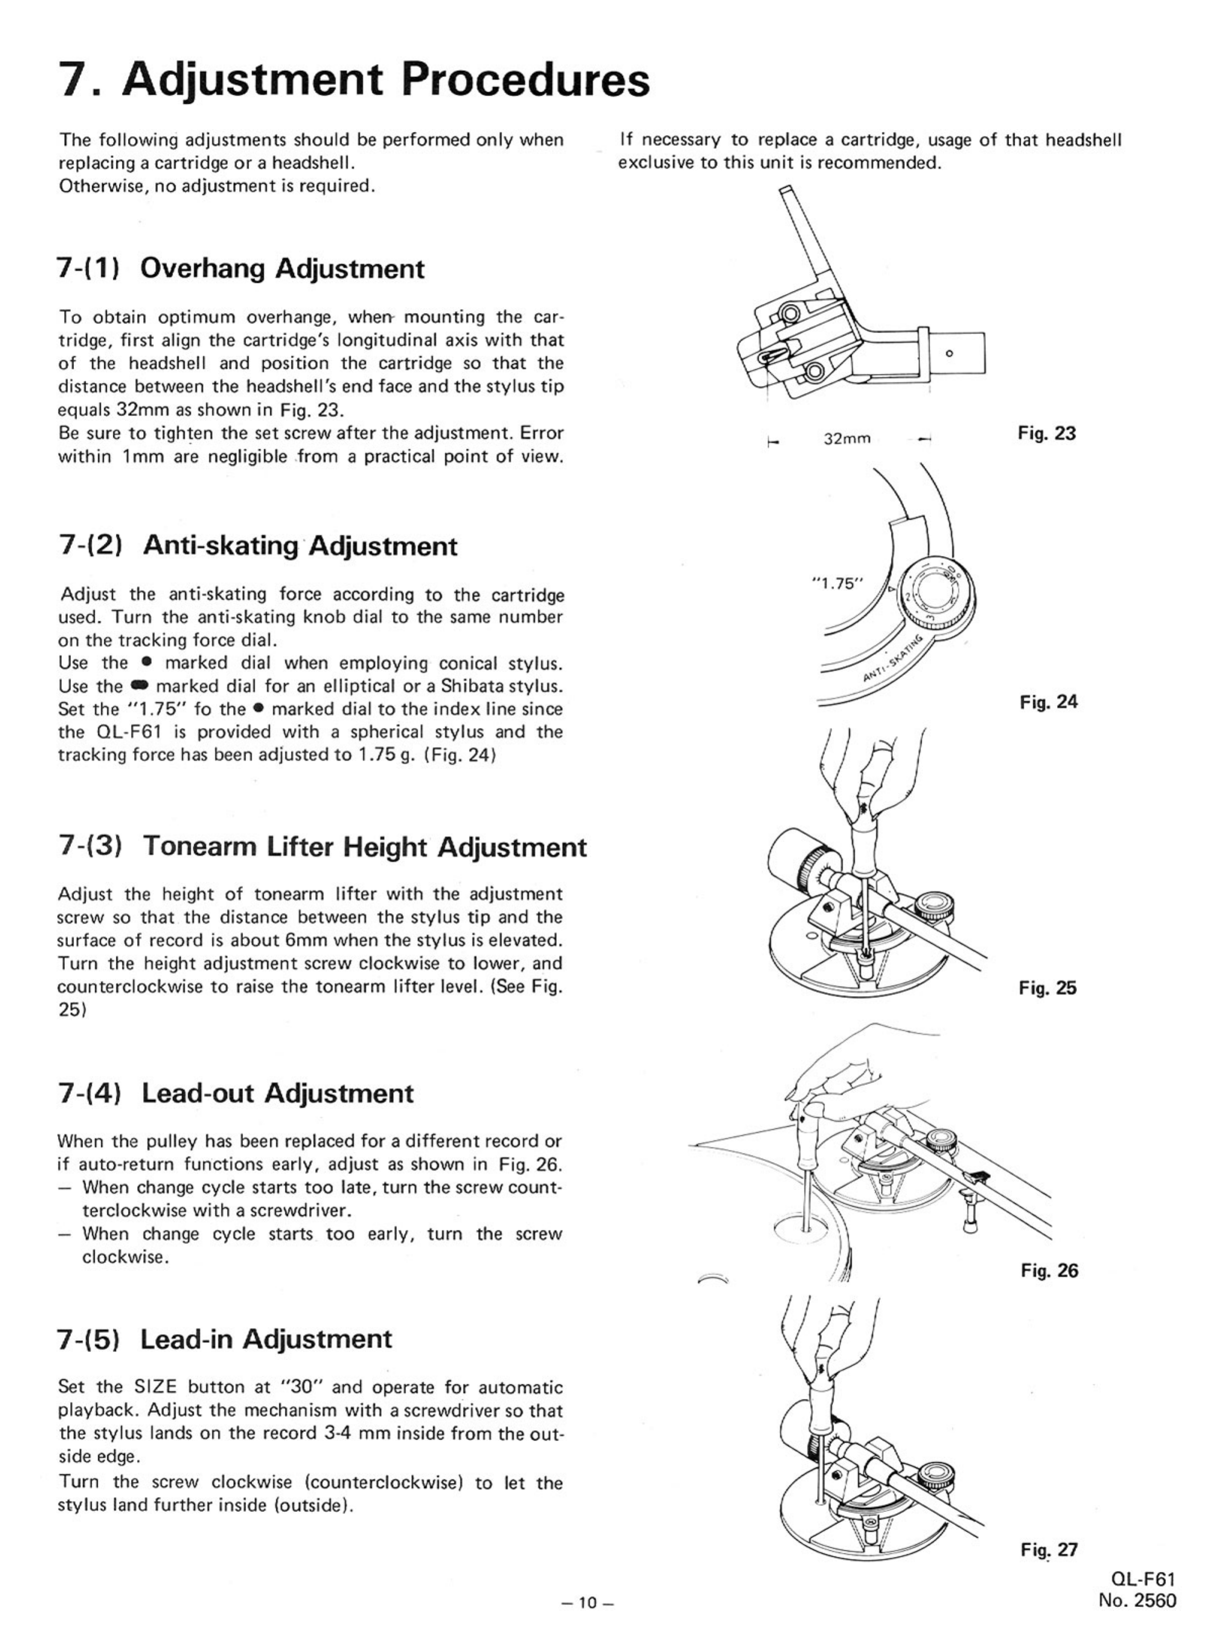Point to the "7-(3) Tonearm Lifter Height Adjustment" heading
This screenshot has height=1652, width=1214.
[322, 847]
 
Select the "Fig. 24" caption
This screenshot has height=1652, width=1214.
[1048, 703]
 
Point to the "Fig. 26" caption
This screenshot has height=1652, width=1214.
[1049, 1271]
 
